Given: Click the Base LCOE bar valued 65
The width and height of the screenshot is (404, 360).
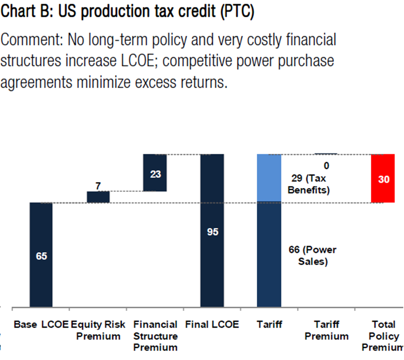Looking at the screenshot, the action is pyautogui.click(x=41, y=255).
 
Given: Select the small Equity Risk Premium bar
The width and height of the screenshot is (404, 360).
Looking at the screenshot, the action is pyautogui.click(x=98, y=197).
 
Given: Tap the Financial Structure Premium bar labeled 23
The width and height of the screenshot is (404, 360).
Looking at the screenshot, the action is pyautogui.click(x=155, y=172).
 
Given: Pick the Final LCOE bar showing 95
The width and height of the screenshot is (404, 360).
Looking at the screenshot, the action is pyautogui.click(x=212, y=230).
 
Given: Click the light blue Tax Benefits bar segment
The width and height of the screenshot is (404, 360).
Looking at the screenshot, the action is pyautogui.click(x=269, y=178).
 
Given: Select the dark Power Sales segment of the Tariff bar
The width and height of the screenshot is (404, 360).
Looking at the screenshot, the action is pyautogui.click(x=269, y=254).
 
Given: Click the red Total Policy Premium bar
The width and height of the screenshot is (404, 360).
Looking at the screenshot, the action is pyautogui.click(x=383, y=178).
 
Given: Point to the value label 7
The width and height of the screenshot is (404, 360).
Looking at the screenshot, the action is pyautogui.click(x=98, y=186).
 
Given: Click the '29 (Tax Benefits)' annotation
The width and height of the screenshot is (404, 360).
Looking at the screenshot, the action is pyautogui.click(x=309, y=184).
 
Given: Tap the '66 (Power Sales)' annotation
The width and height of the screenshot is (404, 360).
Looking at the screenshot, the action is pyautogui.click(x=313, y=256).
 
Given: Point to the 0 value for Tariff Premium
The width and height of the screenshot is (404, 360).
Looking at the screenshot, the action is pyautogui.click(x=326, y=166).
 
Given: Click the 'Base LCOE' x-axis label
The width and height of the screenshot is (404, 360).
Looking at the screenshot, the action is pyautogui.click(x=41, y=324).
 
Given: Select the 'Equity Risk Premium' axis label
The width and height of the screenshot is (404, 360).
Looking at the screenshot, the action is pyautogui.click(x=98, y=330).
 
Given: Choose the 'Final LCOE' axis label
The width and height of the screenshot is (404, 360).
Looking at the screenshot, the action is pyautogui.click(x=212, y=324).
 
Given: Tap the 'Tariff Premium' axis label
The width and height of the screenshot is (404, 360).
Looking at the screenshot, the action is pyautogui.click(x=326, y=330).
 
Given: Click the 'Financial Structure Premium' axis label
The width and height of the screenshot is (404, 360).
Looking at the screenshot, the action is pyautogui.click(x=155, y=336).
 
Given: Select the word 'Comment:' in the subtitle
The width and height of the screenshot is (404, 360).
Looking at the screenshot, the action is pyautogui.click(x=32, y=40).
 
